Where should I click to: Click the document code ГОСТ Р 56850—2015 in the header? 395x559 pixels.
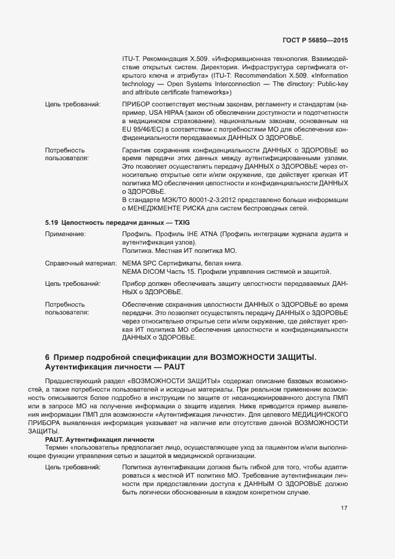(315, 40)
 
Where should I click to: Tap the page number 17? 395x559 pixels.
(344, 508)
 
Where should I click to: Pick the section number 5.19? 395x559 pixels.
(51, 222)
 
